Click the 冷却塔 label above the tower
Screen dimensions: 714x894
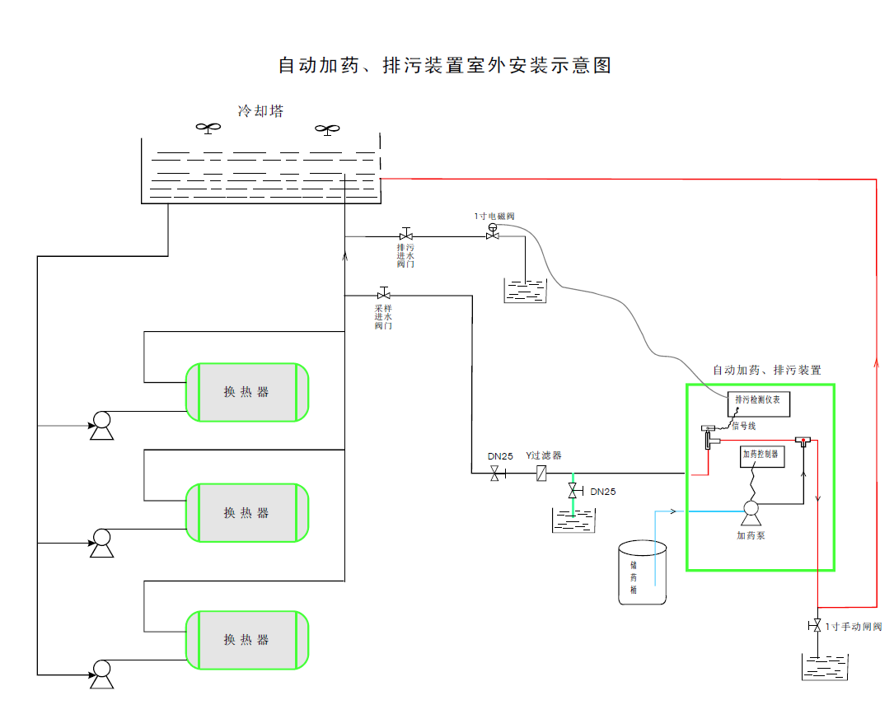click(x=260, y=111)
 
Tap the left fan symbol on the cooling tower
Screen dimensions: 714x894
click(x=208, y=128)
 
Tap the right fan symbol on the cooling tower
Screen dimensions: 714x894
click(x=327, y=129)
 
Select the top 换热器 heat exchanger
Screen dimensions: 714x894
click(x=247, y=392)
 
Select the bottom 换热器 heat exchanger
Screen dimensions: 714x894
click(x=247, y=640)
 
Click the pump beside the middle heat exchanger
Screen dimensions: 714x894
click(x=101, y=541)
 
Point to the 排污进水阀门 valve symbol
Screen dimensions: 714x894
click(x=405, y=236)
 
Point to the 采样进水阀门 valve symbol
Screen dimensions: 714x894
click(x=384, y=294)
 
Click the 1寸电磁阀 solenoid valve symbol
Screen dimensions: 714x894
click(x=493, y=235)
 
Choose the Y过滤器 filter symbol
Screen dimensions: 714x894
click(x=542, y=474)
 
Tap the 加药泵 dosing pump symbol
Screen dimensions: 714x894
click(x=751, y=511)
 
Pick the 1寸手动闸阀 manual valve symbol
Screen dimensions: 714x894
click(x=817, y=625)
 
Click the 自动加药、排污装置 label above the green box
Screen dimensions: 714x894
click(x=766, y=371)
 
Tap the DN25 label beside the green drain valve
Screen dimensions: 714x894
click(x=603, y=492)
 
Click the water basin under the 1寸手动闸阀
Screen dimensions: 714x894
click(x=825, y=666)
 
